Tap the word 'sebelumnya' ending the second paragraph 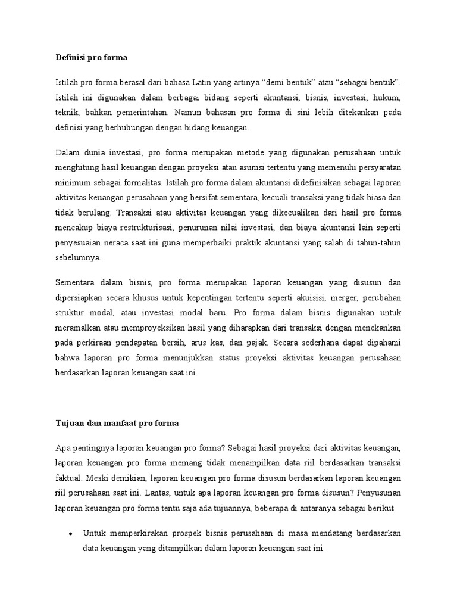pos(78,257)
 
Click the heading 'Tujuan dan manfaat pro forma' pos(117,424)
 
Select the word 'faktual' pos(68,478)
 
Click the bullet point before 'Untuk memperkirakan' pos(70,533)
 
